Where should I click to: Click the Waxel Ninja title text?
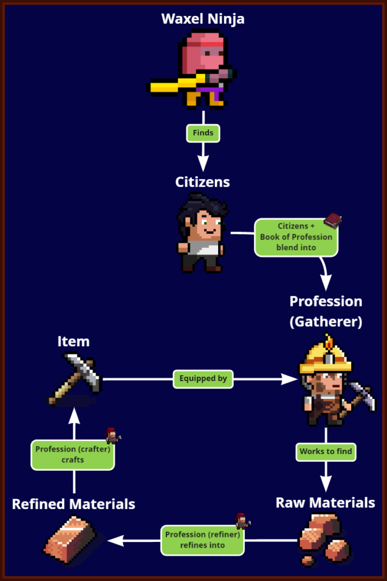click(x=203, y=19)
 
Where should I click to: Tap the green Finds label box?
click(x=203, y=133)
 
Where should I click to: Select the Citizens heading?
click(x=202, y=182)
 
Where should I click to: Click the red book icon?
click(x=332, y=221)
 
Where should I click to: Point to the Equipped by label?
click(x=203, y=378)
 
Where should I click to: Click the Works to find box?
click(x=326, y=452)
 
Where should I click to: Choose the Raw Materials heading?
click(x=326, y=503)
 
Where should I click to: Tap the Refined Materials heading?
click(x=73, y=504)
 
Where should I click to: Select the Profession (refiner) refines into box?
click(x=202, y=540)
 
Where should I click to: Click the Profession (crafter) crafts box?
click(x=73, y=454)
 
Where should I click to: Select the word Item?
click(x=73, y=341)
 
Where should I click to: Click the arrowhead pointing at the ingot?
click(x=115, y=541)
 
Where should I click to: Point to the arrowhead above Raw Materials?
click(x=326, y=483)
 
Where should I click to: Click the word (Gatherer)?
click(x=326, y=321)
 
